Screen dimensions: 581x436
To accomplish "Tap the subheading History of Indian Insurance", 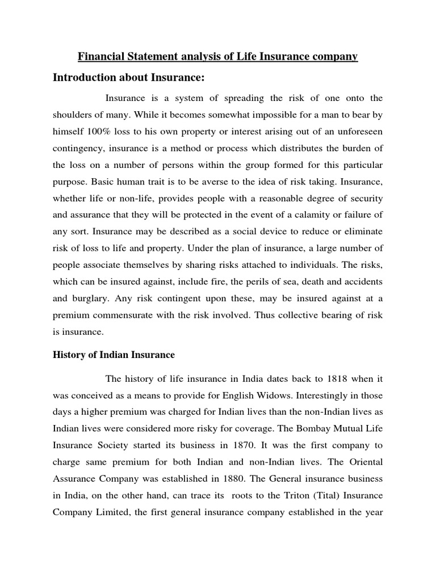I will (114, 355).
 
